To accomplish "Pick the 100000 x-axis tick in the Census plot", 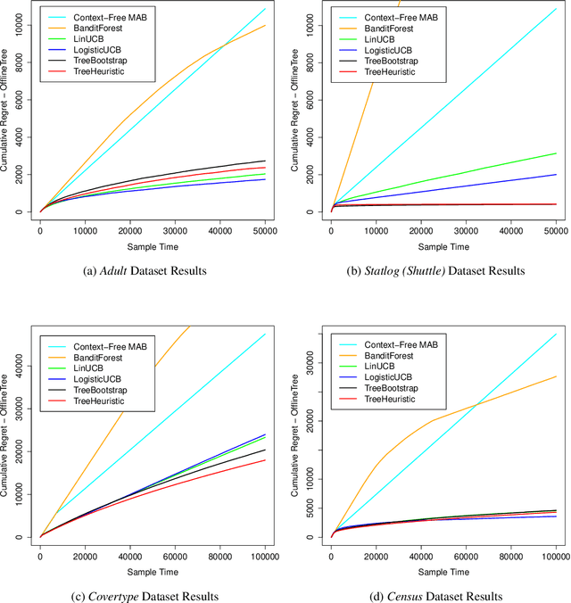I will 555,555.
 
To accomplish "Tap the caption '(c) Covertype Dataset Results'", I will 143,596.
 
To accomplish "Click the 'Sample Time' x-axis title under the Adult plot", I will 152,245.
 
